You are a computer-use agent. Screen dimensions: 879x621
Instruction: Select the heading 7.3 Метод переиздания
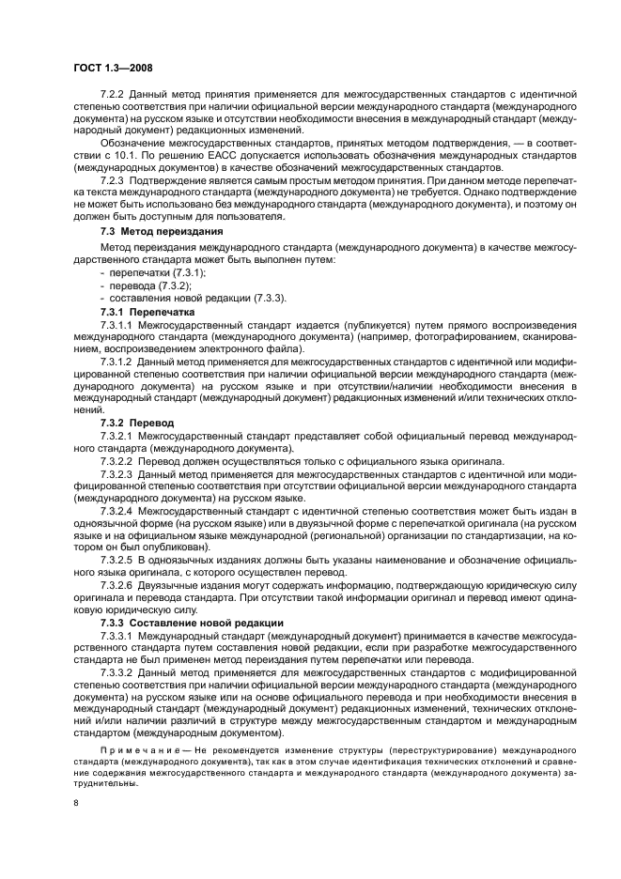[161, 230]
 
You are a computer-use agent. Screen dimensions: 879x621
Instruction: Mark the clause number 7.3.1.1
[116, 321]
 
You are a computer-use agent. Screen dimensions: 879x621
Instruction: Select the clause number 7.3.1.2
[116, 361]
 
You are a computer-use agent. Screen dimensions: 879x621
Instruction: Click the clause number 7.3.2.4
[116, 511]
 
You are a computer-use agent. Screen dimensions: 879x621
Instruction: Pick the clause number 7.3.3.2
[116, 674]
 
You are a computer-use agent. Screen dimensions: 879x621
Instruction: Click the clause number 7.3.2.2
[116, 460]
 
